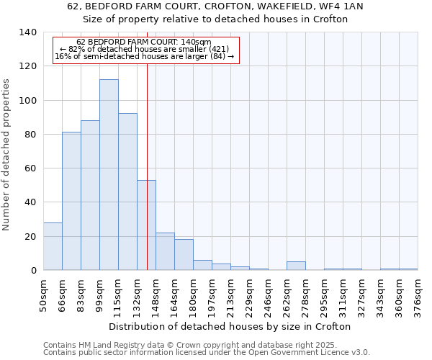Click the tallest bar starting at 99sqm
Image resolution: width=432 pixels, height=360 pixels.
[109, 175]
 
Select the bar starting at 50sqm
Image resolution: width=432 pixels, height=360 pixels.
[53, 246]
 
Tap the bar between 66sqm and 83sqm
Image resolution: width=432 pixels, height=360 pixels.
[71, 201]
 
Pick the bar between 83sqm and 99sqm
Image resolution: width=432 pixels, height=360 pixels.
[90, 195]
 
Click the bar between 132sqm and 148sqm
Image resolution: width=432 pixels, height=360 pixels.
[146, 225]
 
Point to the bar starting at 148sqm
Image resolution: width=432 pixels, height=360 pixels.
[165, 251]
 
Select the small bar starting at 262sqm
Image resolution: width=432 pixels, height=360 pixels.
[296, 266]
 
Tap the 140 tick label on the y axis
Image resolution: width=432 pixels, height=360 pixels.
[28, 32]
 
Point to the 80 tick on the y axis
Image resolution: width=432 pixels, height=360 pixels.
[31, 135]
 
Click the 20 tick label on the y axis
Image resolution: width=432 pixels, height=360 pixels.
[31, 237]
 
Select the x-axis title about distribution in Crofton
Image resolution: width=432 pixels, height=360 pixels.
[230, 326]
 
